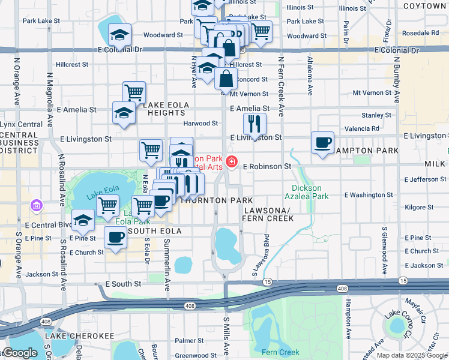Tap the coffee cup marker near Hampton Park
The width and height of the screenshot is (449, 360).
[323, 143]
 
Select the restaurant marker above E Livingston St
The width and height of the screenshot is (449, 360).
[255, 124]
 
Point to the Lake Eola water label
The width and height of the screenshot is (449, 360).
[100, 194]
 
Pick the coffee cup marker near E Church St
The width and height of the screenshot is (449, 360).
[115, 238]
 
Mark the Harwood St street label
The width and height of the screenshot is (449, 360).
[200, 124]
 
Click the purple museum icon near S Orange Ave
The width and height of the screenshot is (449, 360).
[37, 206]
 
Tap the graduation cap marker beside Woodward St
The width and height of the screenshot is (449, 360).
[119, 37]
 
